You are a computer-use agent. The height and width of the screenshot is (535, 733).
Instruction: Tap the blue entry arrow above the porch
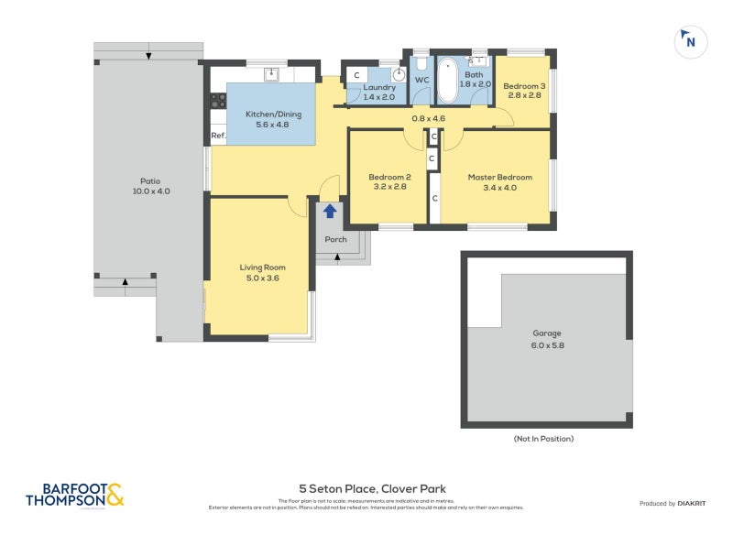[330, 212]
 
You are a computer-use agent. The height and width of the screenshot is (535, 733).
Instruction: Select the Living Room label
[258, 272]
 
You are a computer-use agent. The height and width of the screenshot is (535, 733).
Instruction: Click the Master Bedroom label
[499, 181]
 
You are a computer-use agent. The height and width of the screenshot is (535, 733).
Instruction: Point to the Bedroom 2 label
[388, 181]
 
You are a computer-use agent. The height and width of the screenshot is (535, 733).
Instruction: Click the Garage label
[547, 339]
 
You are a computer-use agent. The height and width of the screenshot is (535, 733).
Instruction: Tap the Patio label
[150, 186]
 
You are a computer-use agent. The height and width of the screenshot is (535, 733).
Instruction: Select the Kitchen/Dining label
[273, 119]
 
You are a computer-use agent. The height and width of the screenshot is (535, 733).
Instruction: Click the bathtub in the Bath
[449, 81]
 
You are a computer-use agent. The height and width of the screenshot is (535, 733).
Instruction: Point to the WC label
[421, 81]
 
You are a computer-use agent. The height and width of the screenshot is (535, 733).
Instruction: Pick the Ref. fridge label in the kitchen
[218, 136]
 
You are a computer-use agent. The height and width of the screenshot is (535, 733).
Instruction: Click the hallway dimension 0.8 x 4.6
[428, 118]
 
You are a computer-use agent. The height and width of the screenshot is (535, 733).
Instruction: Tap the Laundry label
[378, 92]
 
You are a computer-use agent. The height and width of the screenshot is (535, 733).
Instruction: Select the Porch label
[336, 240]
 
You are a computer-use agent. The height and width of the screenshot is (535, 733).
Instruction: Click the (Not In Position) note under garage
[543, 439]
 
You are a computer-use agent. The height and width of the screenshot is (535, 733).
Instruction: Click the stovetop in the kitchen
[218, 102]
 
